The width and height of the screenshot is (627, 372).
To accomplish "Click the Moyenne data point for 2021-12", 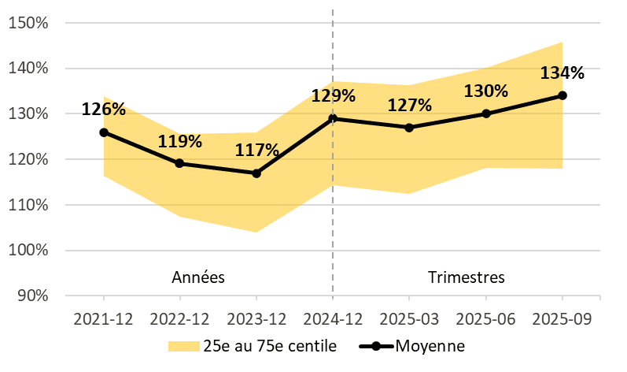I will coord(104,132).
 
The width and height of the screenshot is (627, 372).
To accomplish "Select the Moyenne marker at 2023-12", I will coord(256,173).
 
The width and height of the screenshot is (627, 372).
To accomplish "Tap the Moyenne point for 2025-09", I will coord(562,95).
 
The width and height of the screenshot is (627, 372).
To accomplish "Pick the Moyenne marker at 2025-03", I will coord(410,127).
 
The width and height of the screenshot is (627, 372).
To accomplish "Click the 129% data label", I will coord(333,96).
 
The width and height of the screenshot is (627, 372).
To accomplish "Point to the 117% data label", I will coord(256,150).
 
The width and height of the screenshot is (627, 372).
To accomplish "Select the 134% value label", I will coord(562,73).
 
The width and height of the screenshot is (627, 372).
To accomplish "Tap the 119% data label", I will coord(180,142).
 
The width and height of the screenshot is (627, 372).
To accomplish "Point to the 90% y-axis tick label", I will coord(34,296).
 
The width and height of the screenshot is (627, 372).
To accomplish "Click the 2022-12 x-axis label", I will coord(180,320).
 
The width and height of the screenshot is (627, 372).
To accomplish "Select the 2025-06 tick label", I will coord(486,320).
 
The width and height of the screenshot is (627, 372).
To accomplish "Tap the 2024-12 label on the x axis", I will coord(333,320).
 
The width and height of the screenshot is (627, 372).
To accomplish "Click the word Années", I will coord(198,277).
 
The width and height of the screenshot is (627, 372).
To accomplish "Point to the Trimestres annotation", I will coord(467,277).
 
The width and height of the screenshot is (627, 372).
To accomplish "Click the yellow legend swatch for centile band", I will coord(183,346).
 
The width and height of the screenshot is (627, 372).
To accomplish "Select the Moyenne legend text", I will coord(430,346).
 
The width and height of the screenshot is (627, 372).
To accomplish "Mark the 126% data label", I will coord(104,110).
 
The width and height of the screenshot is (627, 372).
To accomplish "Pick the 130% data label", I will coord(486,91).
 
